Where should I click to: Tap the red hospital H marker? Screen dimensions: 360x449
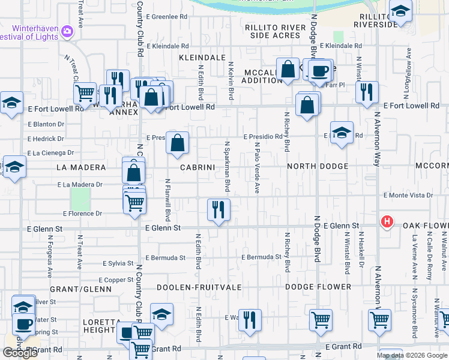pos(387,222)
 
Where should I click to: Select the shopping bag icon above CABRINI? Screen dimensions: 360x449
pos(177,143)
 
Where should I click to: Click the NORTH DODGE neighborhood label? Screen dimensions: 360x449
pos(317,166)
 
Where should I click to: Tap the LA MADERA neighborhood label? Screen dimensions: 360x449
pos(81,167)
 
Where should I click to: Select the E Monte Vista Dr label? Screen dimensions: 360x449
pos(408,196)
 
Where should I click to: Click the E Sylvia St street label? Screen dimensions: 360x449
pos(118,263)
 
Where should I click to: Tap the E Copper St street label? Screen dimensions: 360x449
pos(116,280)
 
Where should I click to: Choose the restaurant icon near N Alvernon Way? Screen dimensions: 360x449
pos(366,92)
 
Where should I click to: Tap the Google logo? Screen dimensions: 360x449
pos(20,353)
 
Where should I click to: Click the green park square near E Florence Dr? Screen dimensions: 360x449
pos(80,199)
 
